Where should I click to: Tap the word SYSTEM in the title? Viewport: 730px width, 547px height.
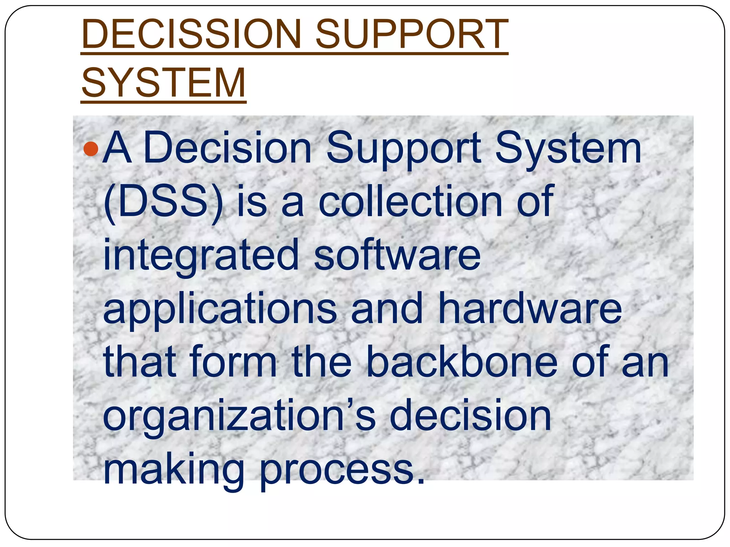[164, 83]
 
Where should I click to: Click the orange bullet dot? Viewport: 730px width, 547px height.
[91, 149]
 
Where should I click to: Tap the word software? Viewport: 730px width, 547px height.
[397, 255]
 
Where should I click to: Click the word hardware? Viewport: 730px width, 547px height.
[530, 308]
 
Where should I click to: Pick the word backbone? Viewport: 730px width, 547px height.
[462, 362]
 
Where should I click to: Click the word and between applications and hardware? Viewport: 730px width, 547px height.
[387, 308]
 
